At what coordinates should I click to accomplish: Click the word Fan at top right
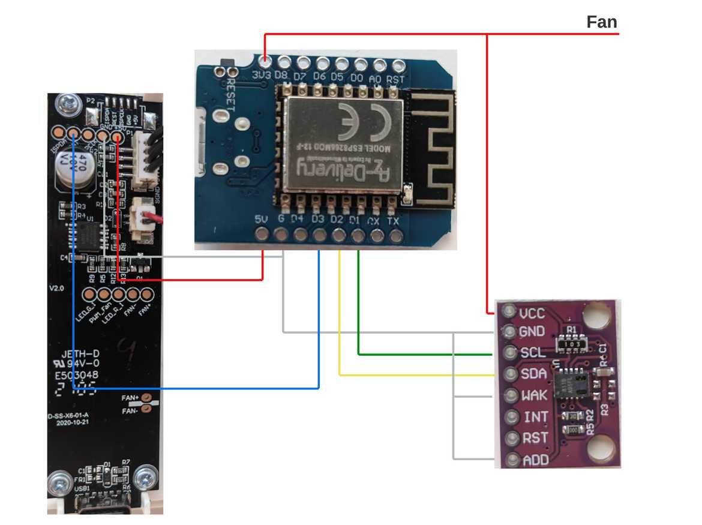[601, 23]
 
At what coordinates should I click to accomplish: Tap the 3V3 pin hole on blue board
[264, 61]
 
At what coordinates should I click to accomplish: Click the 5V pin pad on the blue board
[262, 236]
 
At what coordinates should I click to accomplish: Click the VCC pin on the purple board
[510, 313]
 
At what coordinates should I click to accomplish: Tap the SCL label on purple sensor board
[533, 352]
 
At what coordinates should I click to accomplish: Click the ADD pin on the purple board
[510, 461]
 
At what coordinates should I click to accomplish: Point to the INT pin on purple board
[510, 417]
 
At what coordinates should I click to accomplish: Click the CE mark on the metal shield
[361, 120]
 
